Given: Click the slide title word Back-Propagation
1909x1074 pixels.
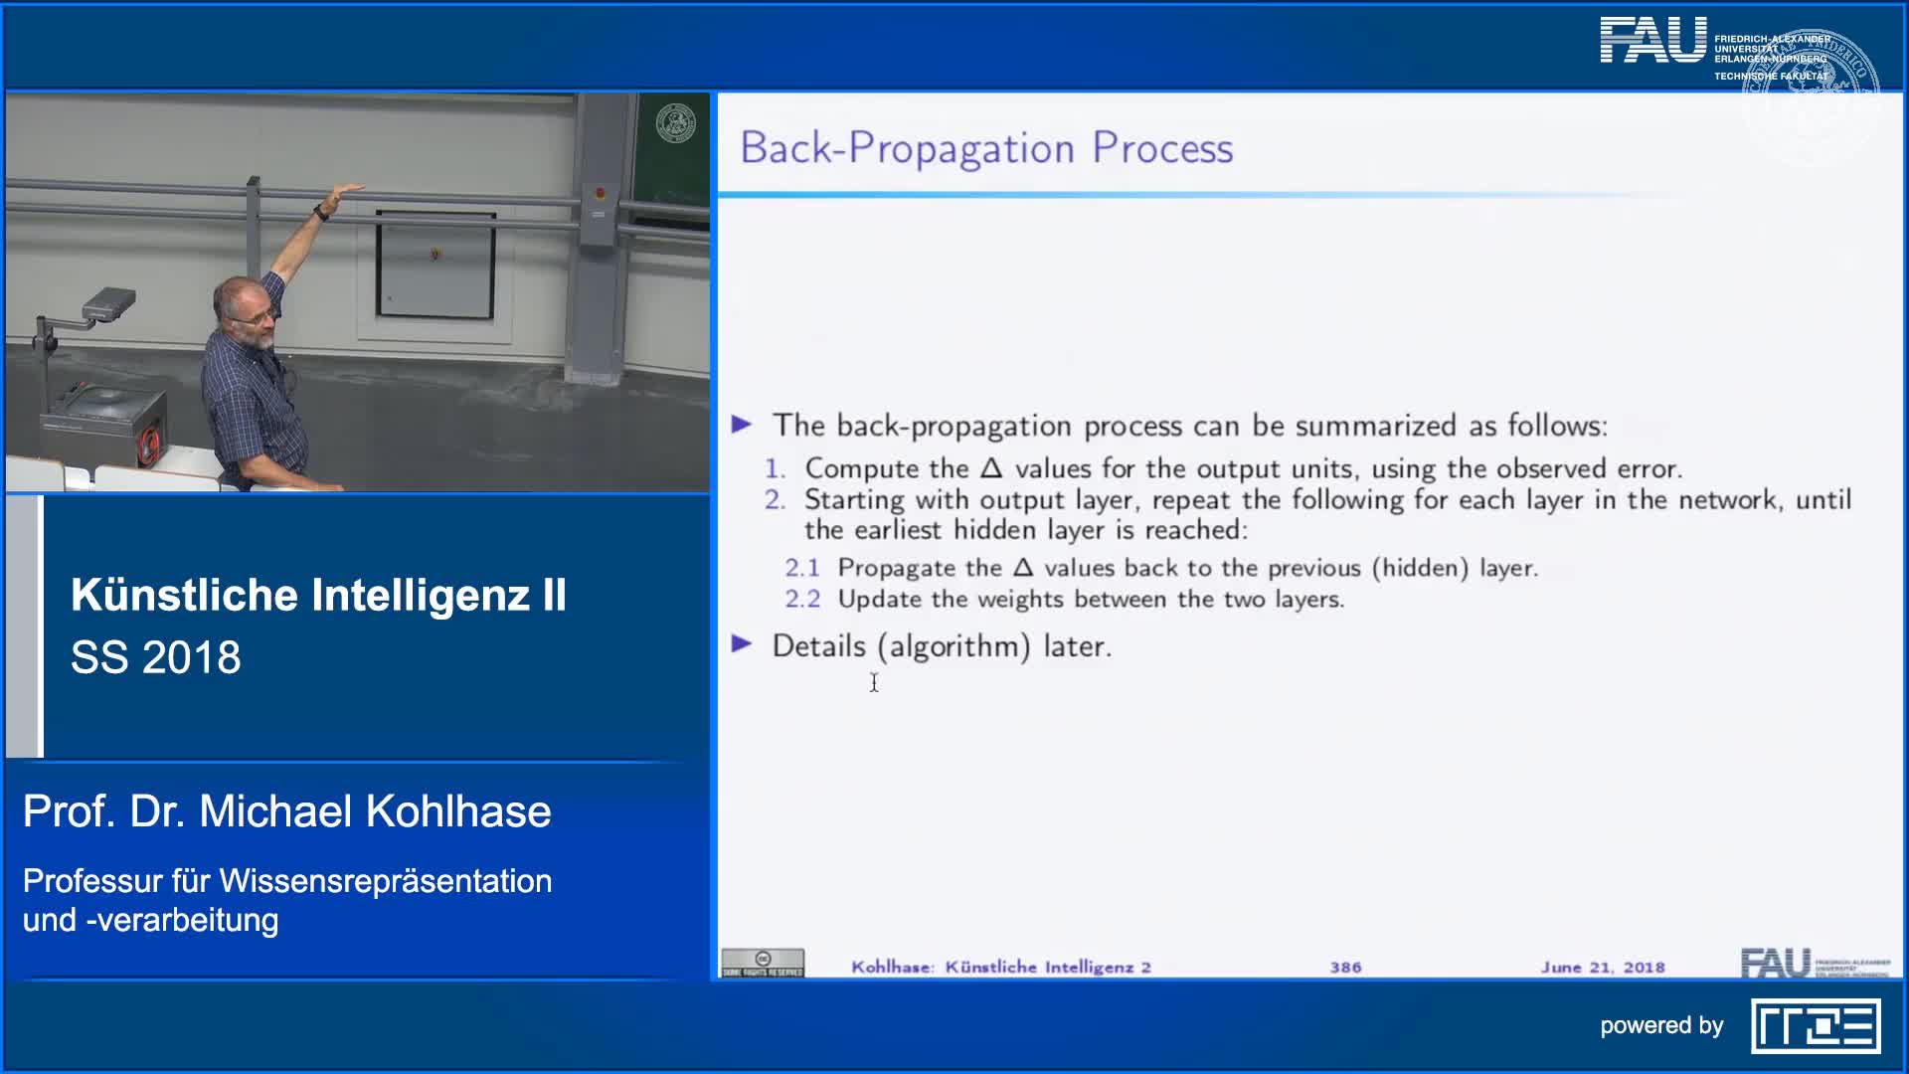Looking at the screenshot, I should (x=907, y=148).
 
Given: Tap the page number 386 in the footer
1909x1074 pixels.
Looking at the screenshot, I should (x=1345, y=967).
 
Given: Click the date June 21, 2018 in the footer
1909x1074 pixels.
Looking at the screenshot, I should (x=1602, y=967).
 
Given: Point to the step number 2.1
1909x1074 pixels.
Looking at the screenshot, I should (x=802, y=568).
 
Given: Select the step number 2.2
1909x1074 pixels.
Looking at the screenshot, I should (x=802, y=599).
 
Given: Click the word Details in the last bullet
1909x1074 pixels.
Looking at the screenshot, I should (x=818, y=646).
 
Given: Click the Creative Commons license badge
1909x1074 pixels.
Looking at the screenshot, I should (x=763, y=963).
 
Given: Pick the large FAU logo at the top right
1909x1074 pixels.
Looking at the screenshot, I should (x=1652, y=41).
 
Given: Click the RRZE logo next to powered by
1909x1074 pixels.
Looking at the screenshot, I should (x=1816, y=1026).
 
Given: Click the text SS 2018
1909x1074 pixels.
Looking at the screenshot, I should (x=156, y=657).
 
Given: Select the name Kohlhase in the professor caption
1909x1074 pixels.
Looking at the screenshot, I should (x=457, y=811).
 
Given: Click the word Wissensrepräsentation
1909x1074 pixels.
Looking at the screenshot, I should (x=386, y=881).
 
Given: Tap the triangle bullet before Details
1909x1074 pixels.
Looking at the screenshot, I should (x=742, y=644).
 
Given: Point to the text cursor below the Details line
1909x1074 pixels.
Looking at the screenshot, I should (x=874, y=682).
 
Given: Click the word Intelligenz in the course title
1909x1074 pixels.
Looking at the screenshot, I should (x=421, y=595).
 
